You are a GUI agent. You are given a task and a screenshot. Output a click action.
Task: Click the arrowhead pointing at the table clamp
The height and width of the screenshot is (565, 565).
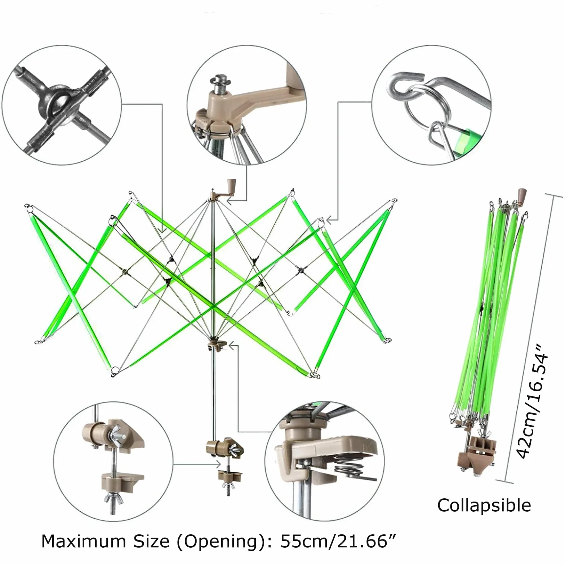point(218,464)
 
